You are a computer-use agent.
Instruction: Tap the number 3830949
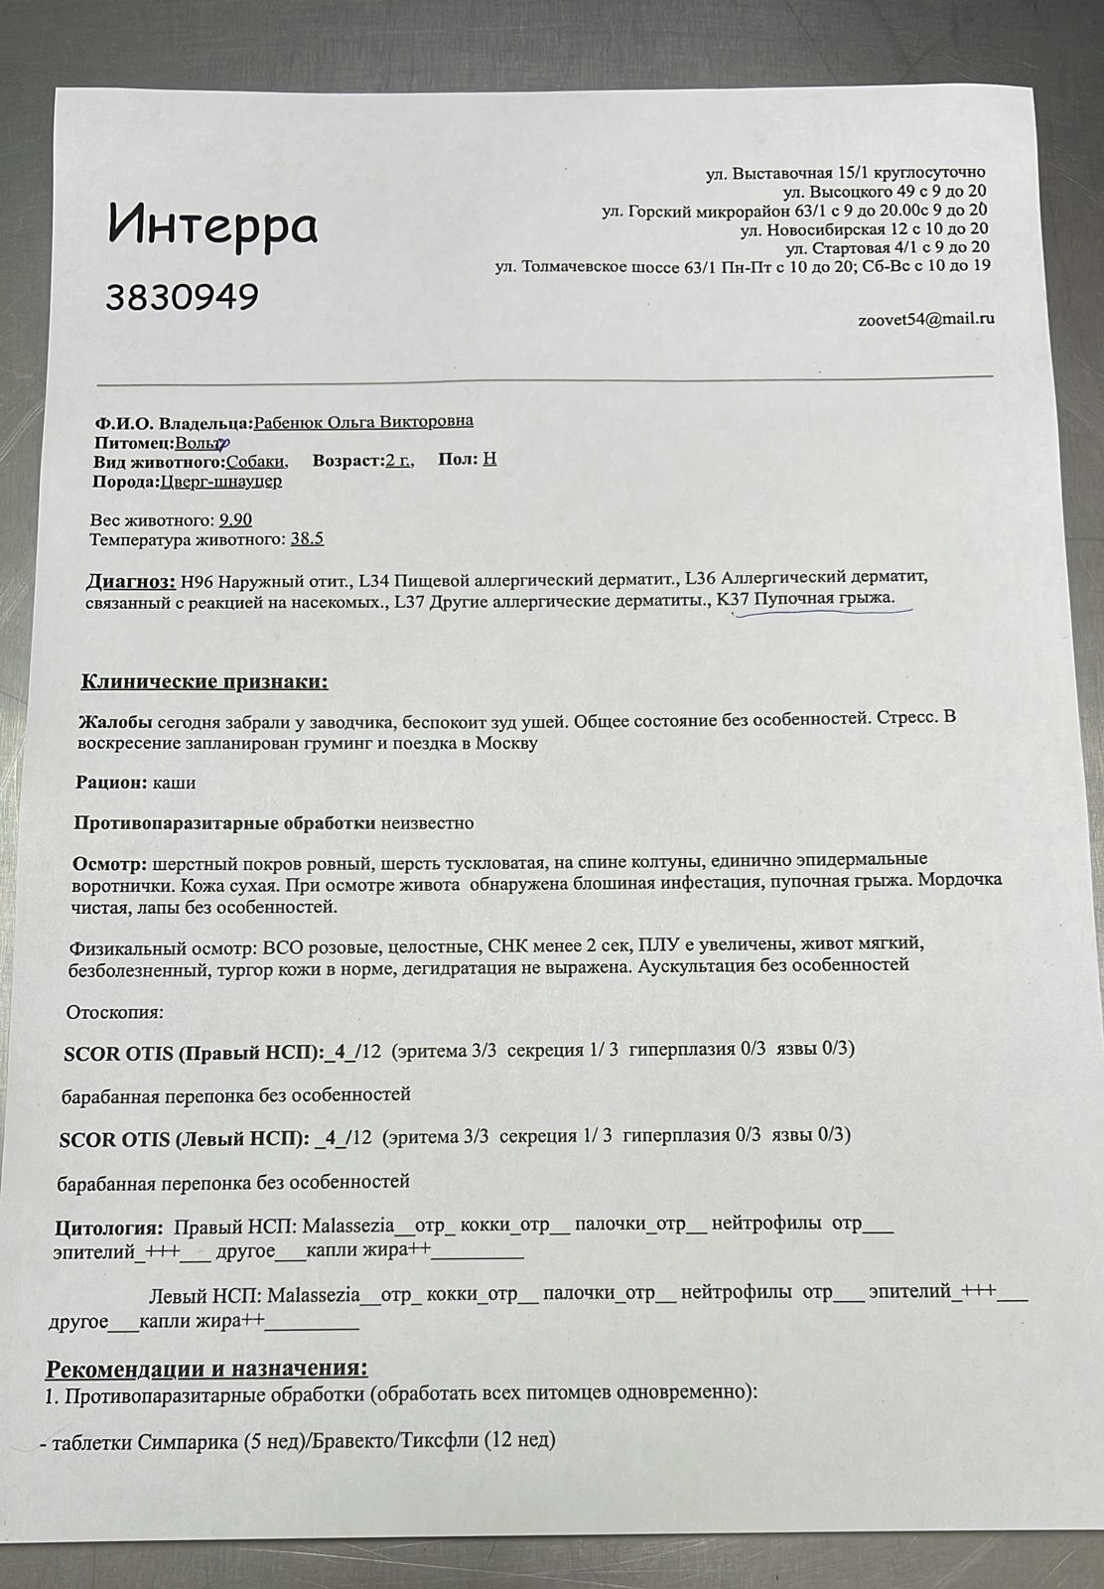click(183, 296)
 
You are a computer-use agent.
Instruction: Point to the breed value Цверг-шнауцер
click(220, 482)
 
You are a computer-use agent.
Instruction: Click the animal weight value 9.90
click(235, 520)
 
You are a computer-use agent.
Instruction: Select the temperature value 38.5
click(307, 539)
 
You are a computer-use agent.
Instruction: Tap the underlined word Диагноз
click(130, 581)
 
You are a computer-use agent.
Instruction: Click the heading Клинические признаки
click(204, 682)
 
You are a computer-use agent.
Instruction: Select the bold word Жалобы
click(114, 721)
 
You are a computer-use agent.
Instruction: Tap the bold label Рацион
click(111, 783)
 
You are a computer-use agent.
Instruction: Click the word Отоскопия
click(114, 1013)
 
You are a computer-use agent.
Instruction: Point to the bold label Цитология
click(108, 1228)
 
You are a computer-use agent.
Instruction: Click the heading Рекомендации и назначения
click(207, 1369)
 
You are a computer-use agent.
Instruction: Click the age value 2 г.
click(398, 461)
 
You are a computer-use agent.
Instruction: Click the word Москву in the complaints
click(506, 743)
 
